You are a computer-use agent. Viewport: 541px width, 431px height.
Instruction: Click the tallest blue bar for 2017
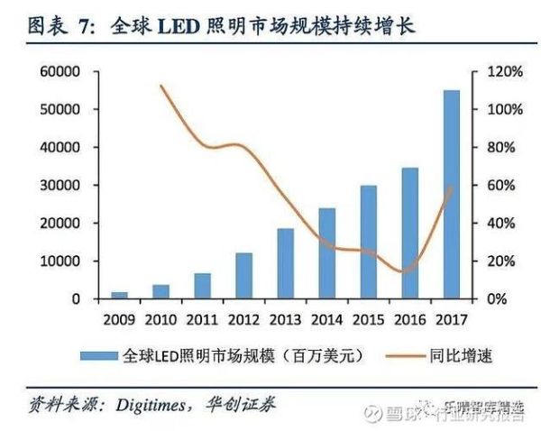[452, 194]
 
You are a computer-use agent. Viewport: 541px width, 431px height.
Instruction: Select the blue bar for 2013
[285, 263]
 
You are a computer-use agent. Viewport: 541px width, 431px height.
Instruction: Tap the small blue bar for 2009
[119, 295]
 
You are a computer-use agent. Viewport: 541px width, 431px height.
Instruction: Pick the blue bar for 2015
[368, 242]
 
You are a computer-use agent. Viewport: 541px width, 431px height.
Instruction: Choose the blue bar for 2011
[202, 286]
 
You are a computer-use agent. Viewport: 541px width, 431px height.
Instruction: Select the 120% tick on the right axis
[505, 71]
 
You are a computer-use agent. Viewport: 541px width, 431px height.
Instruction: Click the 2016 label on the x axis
[409, 318]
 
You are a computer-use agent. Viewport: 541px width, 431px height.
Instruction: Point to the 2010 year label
[160, 318]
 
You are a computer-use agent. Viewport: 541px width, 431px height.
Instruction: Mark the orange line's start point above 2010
[160, 87]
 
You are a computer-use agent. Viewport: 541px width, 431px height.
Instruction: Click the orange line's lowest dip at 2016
[407, 271]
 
